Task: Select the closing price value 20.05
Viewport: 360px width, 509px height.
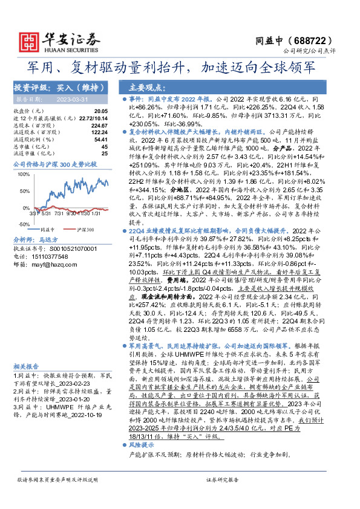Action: (101, 112)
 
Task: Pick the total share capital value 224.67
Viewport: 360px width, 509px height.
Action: (99, 125)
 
